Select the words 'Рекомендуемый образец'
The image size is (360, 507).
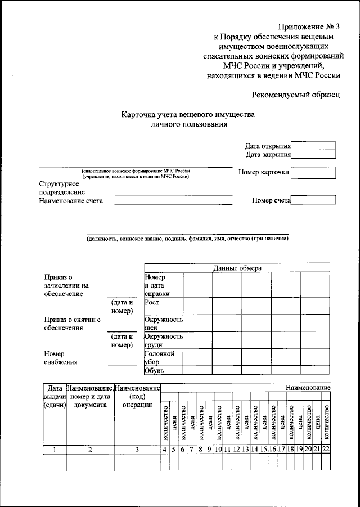tap(296, 96)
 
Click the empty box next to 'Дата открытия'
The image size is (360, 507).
tap(313, 146)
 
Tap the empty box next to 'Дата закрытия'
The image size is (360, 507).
tap(313, 155)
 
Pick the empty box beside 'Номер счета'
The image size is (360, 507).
tap(313, 200)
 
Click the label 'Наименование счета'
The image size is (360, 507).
tap(71, 200)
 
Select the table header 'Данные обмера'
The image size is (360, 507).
tap(237, 268)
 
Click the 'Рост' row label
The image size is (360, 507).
tap(152, 303)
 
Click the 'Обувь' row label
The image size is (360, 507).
tap(154, 370)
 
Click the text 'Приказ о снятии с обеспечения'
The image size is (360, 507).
tap(72, 324)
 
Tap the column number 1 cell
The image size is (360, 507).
tap(55, 449)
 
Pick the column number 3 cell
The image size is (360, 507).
tap(137, 449)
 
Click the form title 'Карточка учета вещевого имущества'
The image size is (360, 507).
tap(188, 114)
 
